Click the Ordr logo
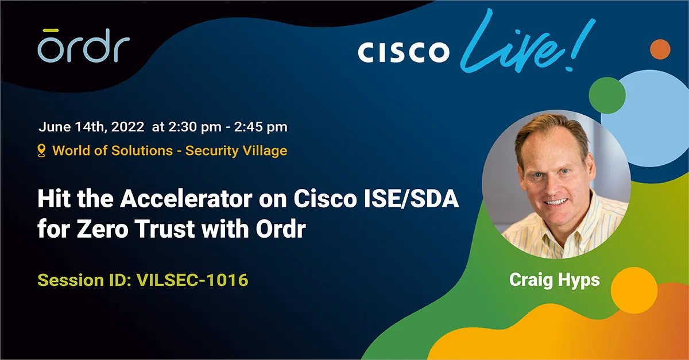click(x=83, y=46)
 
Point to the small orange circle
click(x=660, y=49)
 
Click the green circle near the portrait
click(x=607, y=95)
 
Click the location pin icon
click(x=41, y=150)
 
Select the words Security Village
click(x=236, y=151)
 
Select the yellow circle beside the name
click(x=633, y=290)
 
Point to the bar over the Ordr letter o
click(x=49, y=30)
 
